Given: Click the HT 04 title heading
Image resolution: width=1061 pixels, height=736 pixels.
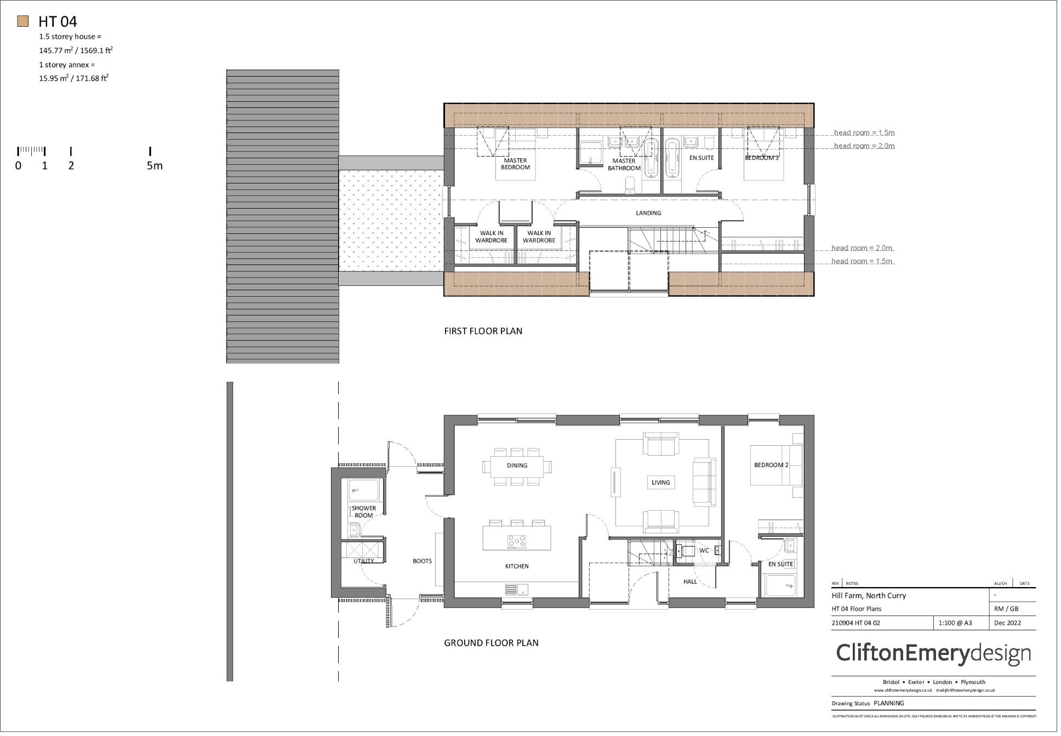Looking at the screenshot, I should click(x=58, y=22).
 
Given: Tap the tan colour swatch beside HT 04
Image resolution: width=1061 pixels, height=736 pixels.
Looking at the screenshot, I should click(x=22, y=21).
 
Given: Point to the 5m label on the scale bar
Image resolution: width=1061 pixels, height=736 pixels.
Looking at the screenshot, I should click(x=155, y=166).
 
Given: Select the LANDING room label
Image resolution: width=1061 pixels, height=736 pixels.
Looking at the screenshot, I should click(x=648, y=213).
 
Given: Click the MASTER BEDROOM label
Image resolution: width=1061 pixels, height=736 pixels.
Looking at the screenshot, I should click(x=515, y=164).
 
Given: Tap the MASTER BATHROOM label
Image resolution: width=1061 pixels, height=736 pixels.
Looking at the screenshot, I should click(x=624, y=164).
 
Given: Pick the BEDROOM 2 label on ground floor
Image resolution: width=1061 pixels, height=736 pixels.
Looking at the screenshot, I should click(x=771, y=465).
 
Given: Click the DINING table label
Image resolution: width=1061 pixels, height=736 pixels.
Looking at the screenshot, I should click(x=517, y=465).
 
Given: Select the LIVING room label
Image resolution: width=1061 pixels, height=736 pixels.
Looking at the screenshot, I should click(x=660, y=482).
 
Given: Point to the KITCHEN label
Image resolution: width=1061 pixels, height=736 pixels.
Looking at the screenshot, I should click(x=517, y=566).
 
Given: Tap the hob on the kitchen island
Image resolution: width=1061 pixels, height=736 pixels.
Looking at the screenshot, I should click(x=517, y=542).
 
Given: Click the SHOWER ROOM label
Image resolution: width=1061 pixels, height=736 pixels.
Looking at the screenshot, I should click(x=364, y=511).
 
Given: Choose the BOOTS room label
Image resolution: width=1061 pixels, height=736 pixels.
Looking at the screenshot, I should click(x=422, y=561).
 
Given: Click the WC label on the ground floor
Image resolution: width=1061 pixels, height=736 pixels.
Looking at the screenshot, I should click(x=704, y=550).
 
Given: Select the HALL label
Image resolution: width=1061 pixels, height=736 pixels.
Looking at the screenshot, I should click(x=690, y=582).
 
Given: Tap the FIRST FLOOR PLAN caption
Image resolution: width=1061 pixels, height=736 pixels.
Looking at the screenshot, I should click(x=483, y=331).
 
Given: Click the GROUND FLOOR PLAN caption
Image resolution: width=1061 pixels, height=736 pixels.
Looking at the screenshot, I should click(x=491, y=643).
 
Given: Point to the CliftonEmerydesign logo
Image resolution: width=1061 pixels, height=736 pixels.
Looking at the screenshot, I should click(x=933, y=653).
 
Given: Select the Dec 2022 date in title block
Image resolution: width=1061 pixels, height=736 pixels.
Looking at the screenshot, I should click(x=1007, y=623).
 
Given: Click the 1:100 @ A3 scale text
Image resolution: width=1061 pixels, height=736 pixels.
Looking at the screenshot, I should click(x=955, y=623).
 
